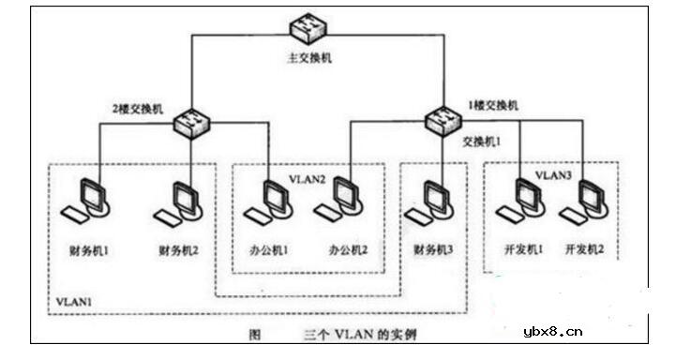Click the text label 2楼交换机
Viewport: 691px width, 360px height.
[x=139, y=110]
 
